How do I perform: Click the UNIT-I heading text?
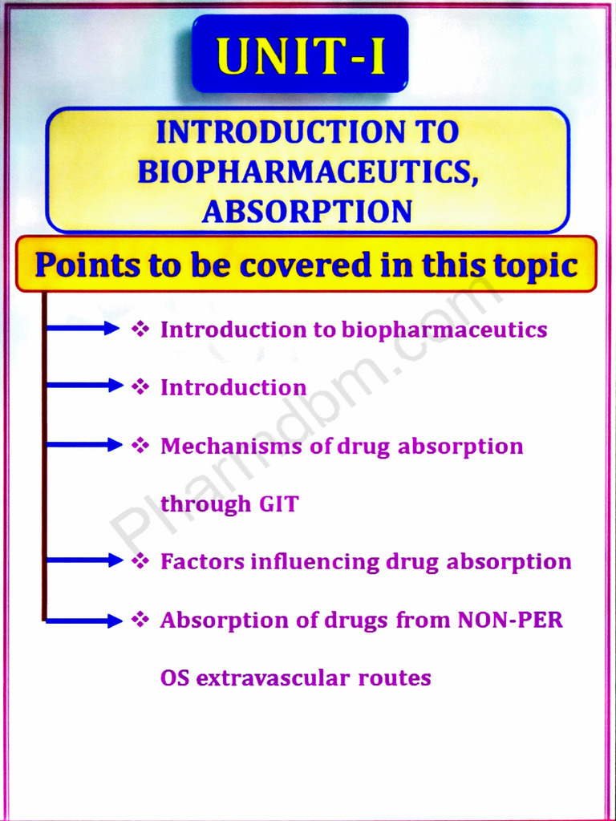pos(300,54)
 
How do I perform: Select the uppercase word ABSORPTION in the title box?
pos(307,211)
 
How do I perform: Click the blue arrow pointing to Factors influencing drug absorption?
pos(83,561)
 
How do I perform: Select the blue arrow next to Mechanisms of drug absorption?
pos(83,445)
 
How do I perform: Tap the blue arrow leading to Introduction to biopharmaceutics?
pos(83,328)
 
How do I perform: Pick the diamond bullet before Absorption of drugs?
pos(140,620)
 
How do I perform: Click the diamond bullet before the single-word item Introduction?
pos(140,386)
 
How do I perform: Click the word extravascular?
pos(274,678)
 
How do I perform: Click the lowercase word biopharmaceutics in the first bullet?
pos(444,330)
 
